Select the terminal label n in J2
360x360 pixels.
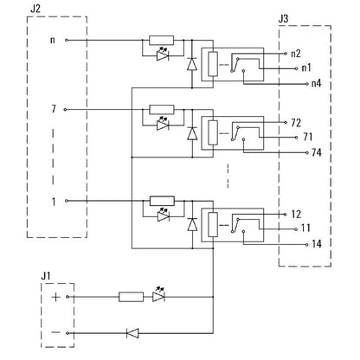pos(53,40)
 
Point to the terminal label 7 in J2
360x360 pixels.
pos(53,110)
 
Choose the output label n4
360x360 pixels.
pos(316,84)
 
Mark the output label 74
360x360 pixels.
pos(317,152)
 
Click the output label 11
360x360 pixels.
pos(308,228)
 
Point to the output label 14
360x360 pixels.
pos(317,244)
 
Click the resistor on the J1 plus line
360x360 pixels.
pos(130,296)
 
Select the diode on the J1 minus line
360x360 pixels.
pos(132,332)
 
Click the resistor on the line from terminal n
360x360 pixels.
pos(161,40)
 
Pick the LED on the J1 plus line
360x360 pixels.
pos(158,295)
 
